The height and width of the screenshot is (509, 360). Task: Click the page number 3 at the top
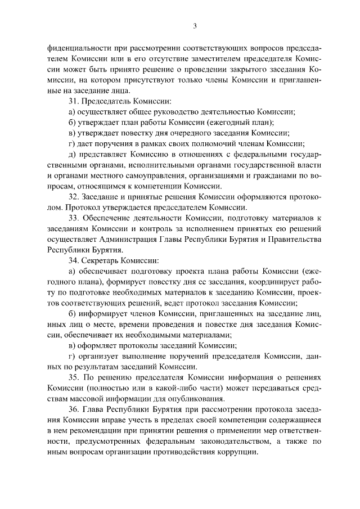click(194, 25)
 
